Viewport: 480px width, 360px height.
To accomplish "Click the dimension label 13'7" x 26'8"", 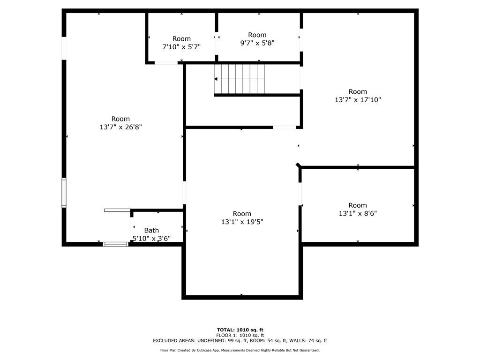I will (x=120, y=127).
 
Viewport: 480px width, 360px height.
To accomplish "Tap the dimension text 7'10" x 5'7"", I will (x=181, y=47).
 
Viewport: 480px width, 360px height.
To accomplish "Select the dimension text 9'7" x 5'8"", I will (x=257, y=43).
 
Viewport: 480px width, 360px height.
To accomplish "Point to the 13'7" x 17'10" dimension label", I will (x=358, y=100).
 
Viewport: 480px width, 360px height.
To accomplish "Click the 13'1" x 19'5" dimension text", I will (x=242, y=222).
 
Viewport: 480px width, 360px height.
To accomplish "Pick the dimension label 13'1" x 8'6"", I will (x=358, y=213).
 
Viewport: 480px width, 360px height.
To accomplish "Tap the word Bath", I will (x=151, y=230).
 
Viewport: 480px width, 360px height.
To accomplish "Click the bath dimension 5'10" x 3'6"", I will (x=151, y=238).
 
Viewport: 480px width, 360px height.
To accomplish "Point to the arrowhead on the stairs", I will (x=216, y=79).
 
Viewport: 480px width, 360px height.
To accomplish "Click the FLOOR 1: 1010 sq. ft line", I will (x=240, y=335).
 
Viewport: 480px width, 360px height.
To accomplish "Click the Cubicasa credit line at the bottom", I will (x=240, y=350).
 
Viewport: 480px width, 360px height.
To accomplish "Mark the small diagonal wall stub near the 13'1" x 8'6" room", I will (x=298, y=165).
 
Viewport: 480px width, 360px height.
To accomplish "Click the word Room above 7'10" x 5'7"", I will (x=181, y=39).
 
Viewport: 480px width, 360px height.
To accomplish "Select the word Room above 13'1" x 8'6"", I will (x=358, y=205).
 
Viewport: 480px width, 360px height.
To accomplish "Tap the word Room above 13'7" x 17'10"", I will (x=358, y=92).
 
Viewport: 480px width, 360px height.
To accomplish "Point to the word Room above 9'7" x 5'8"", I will (x=257, y=35).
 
